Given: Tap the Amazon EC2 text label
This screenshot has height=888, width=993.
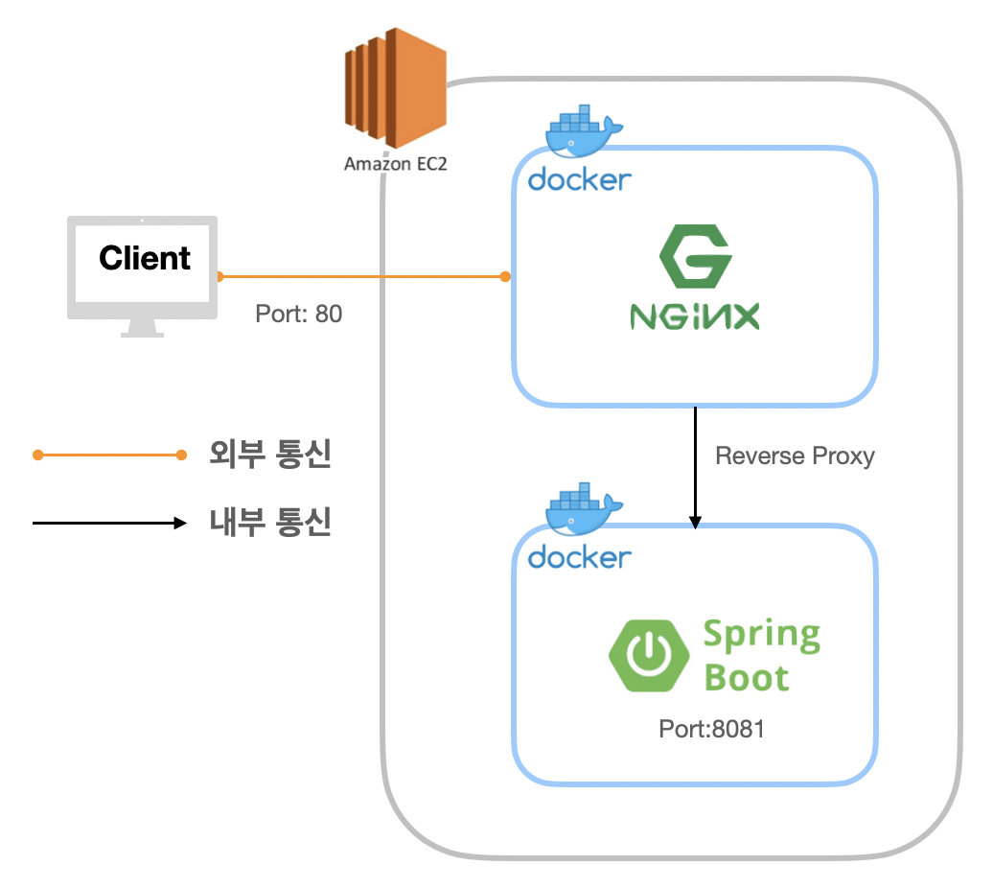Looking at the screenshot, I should (395, 163).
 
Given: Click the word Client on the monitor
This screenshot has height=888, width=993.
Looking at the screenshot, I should (145, 258).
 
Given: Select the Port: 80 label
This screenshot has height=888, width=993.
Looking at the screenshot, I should (298, 314).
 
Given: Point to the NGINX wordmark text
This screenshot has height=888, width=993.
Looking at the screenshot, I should (694, 316).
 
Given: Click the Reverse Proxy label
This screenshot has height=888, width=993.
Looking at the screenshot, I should (795, 456).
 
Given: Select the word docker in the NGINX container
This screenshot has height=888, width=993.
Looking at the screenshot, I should (579, 179).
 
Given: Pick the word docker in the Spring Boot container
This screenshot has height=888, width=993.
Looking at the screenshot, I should (579, 556).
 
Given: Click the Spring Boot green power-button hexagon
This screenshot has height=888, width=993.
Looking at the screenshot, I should (649, 656).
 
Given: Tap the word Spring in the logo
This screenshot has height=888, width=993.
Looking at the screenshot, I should (761, 636).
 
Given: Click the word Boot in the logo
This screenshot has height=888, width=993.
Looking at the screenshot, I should (746, 678).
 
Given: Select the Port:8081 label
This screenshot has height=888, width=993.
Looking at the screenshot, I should (711, 729).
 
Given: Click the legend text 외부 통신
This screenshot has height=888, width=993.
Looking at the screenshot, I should (269, 455).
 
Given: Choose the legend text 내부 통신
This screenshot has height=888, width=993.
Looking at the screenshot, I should (269, 523).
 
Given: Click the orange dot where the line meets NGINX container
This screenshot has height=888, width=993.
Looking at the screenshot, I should (505, 277).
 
